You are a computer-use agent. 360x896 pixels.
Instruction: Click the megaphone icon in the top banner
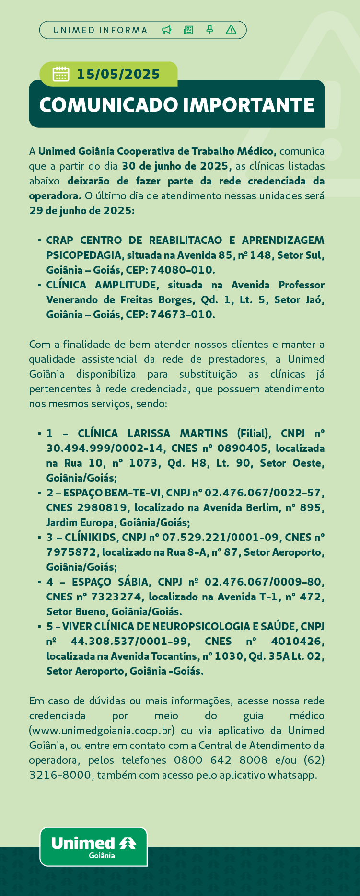click(166, 30)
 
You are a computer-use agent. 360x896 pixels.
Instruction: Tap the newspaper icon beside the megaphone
click(188, 30)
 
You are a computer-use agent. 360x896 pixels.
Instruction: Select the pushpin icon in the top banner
click(209, 30)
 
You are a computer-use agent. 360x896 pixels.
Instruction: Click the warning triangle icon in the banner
click(231, 30)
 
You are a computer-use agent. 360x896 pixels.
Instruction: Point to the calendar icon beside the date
click(61, 74)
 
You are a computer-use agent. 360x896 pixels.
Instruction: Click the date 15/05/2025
click(118, 74)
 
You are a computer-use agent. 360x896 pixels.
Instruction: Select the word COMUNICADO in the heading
click(108, 105)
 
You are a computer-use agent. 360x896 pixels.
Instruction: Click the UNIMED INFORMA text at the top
click(100, 30)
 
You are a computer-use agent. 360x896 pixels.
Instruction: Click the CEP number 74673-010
click(183, 314)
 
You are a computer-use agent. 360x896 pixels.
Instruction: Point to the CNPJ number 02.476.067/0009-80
click(264, 582)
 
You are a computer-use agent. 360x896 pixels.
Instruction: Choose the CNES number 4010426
click(298, 641)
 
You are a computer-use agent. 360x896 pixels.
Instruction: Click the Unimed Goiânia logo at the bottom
click(93, 847)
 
